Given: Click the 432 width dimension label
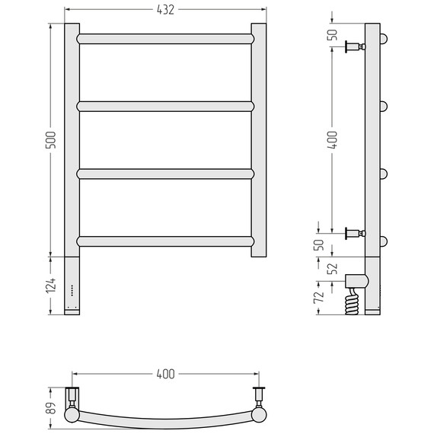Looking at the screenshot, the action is pos(165,10).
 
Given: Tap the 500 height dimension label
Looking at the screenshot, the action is pos(51,140).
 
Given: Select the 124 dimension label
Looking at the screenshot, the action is pos(51,286).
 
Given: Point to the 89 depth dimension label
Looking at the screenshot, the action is pos(51,407).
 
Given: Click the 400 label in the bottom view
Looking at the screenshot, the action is pos(165,374).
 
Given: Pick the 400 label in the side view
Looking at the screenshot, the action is pos(333,140).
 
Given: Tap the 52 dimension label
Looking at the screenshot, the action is pos(333,268).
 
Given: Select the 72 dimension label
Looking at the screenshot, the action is pos(318,297).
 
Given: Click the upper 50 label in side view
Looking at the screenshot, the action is pos(333,35).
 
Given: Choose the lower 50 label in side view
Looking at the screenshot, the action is pos(318,245).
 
